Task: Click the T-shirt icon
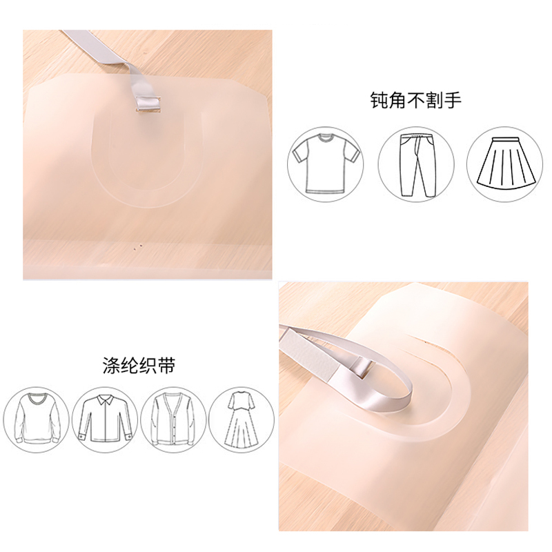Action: [326, 164]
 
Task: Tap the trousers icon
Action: [417, 165]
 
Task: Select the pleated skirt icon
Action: [505, 161]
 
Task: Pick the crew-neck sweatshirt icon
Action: [37, 420]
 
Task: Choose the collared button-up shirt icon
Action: [105, 419]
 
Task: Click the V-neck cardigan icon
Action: [173, 419]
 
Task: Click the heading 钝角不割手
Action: [416, 100]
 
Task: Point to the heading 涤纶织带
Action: [139, 366]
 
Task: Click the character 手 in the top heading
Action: [453, 100]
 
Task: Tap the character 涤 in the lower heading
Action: [111, 366]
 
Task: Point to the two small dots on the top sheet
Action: [137, 246]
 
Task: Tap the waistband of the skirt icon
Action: [505, 140]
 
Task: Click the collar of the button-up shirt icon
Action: [105, 399]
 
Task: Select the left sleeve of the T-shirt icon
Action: [301, 152]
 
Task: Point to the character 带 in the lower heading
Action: [166, 366]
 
